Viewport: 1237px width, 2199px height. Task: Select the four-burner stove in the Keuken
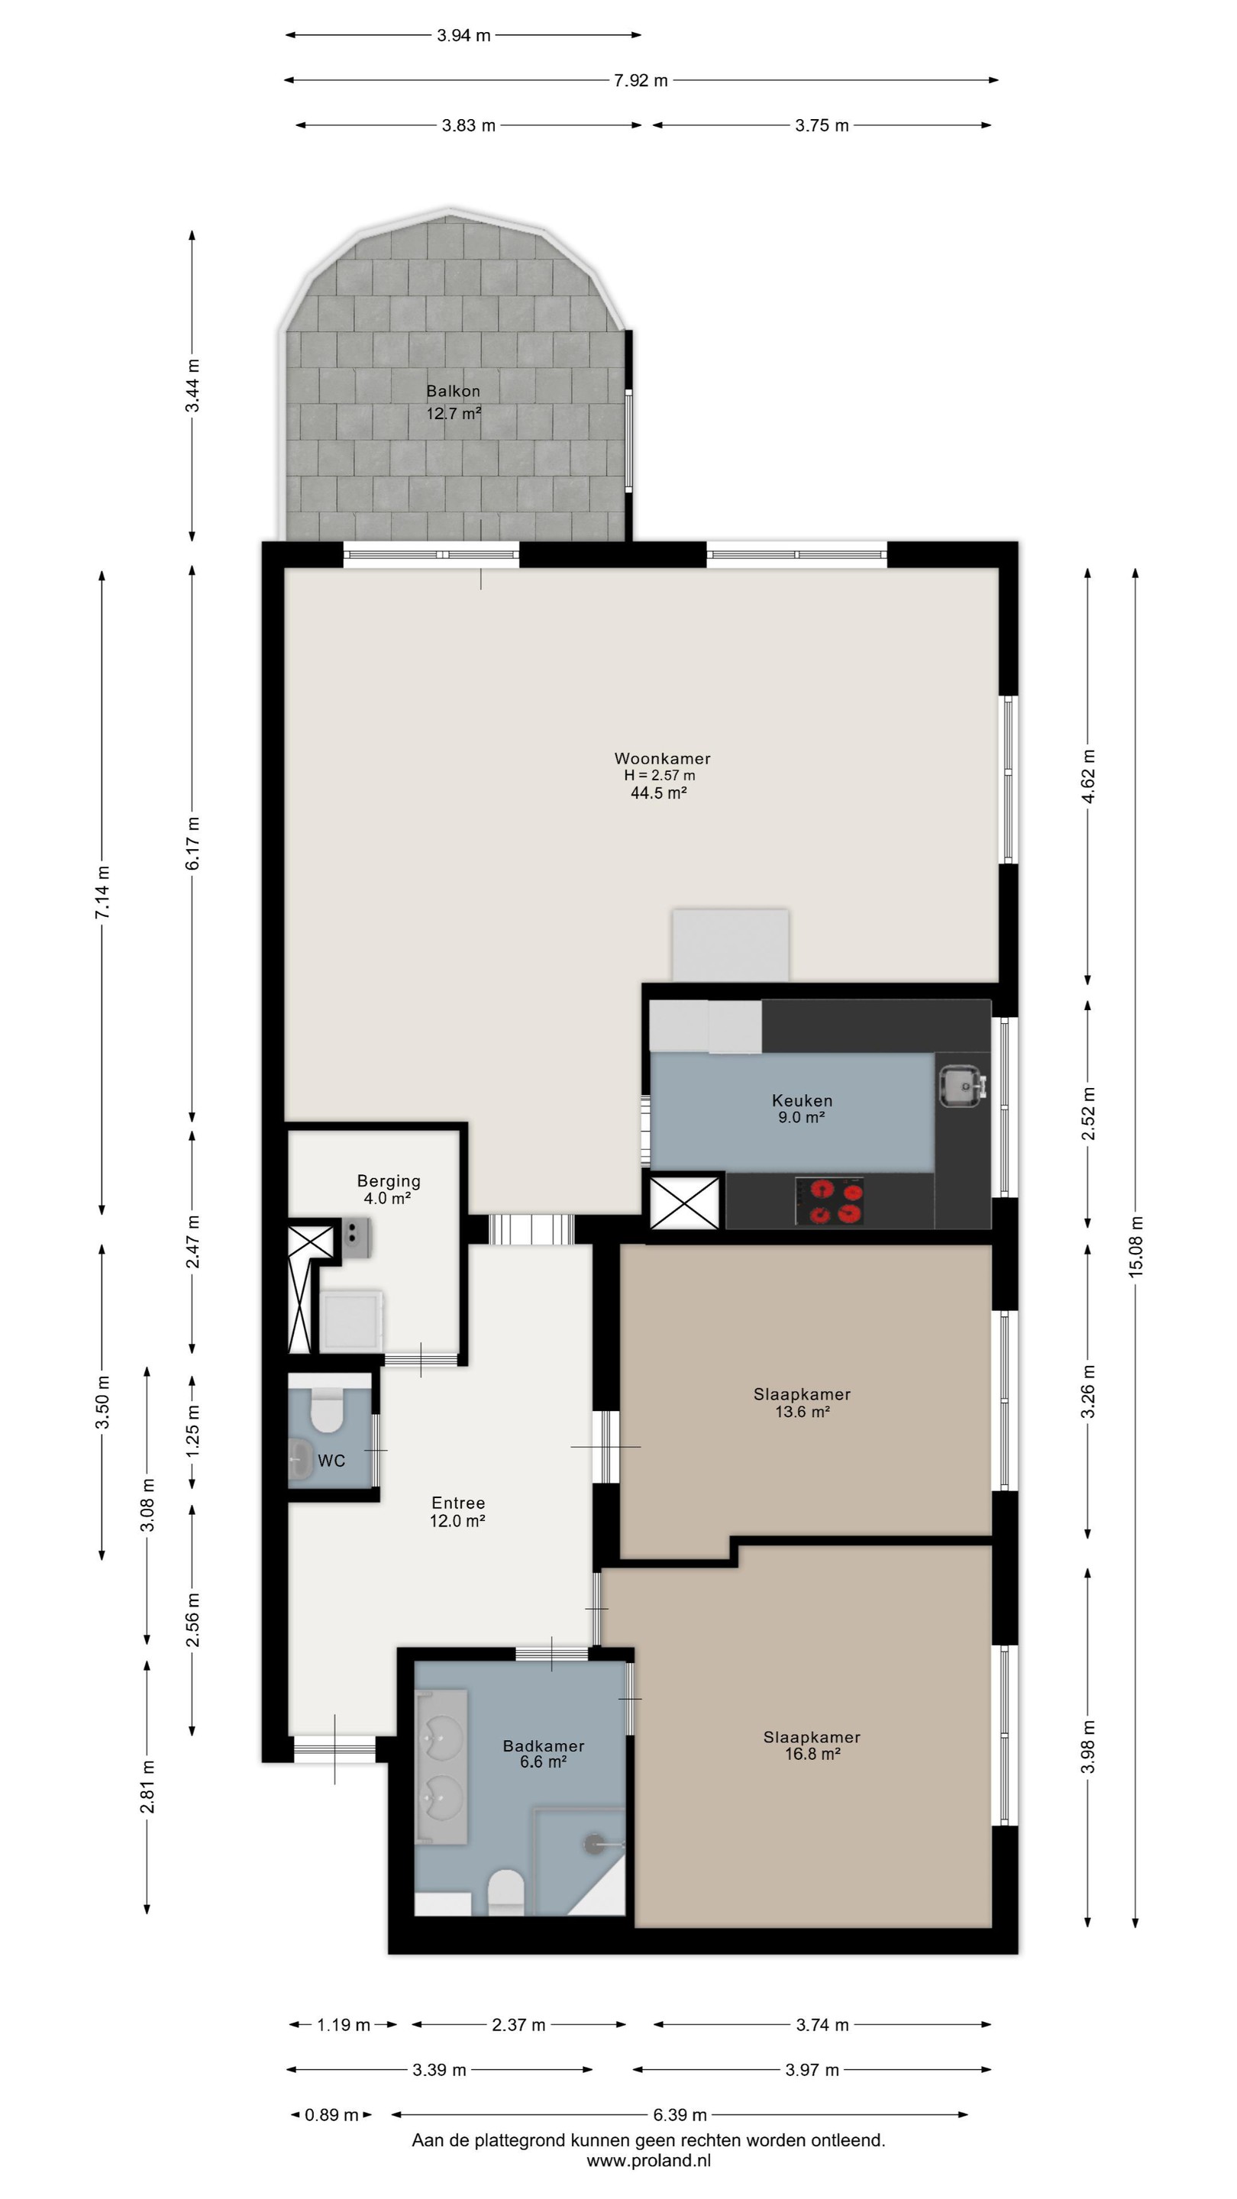click(829, 1200)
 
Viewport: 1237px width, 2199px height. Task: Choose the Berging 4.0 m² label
click(389, 1189)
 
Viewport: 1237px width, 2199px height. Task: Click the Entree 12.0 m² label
click(457, 1511)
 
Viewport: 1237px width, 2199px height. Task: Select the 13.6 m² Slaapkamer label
click(802, 1403)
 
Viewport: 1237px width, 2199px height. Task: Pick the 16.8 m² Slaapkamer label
click(812, 1745)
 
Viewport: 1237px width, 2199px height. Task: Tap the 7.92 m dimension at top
click(641, 80)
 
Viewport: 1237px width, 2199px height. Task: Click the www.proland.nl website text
click(648, 2161)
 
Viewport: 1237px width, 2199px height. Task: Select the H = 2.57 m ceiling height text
click(660, 776)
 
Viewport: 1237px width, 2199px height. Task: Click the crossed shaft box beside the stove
click(685, 1202)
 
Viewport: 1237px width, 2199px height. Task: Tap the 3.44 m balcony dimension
click(193, 386)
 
